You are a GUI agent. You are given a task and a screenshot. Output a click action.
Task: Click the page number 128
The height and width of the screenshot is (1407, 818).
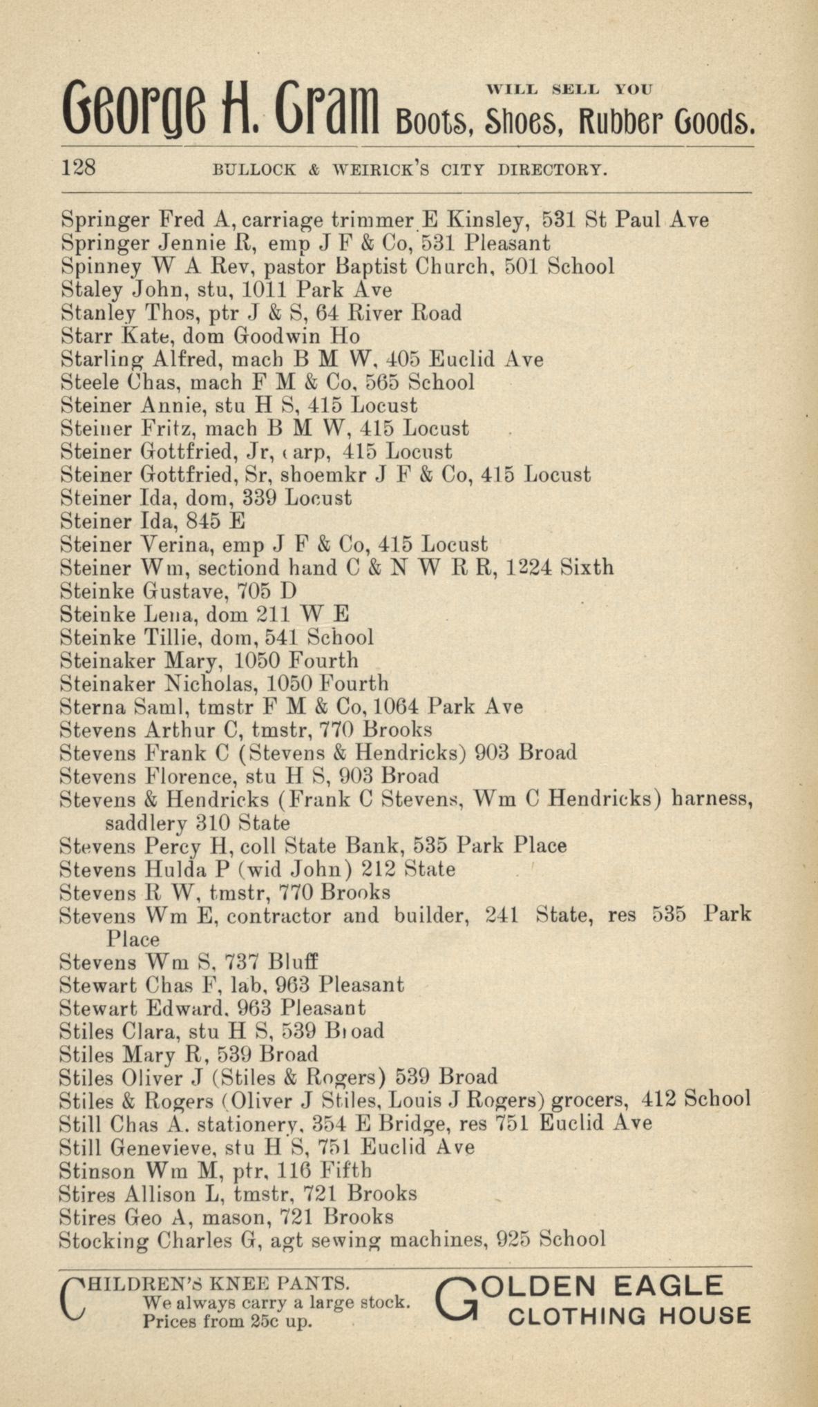coord(79,168)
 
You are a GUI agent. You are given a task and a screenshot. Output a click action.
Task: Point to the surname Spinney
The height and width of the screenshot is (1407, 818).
coord(101,267)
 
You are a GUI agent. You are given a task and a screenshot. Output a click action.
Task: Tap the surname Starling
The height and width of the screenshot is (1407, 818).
coord(103,360)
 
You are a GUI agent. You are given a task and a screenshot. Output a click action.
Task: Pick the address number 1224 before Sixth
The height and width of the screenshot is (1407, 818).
coord(529,568)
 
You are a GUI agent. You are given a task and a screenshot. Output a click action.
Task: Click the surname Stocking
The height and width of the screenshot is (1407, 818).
coord(104,1241)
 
